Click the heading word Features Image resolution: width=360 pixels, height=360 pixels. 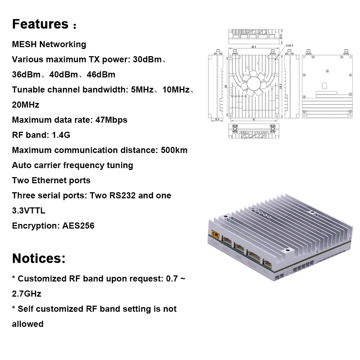[x=40, y=24]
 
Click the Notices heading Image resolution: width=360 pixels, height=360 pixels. [x=39, y=258]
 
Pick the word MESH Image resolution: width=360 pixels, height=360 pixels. [x=24, y=44]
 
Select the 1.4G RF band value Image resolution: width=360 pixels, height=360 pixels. [x=60, y=135]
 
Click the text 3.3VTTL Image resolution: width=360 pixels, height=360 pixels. [x=29, y=211]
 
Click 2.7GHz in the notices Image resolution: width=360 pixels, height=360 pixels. [x=27, y=294]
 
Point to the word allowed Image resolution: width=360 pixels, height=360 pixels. [x=28, y=324]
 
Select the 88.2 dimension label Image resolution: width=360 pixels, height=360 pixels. [x=253, y=47]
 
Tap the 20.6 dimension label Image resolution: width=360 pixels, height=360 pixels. [x=217, y=120]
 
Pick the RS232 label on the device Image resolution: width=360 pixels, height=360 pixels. [x=252, y=264]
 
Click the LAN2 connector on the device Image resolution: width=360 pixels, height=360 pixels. [x=239, y=248]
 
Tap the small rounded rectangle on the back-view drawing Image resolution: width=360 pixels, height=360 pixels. [x=324, y=86]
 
